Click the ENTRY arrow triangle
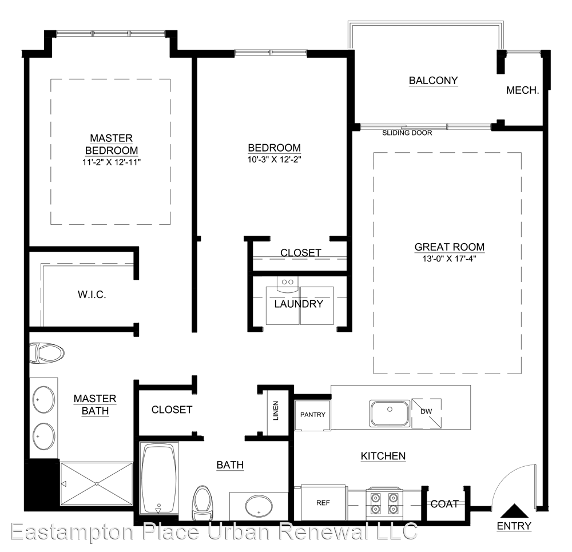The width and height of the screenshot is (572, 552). point(514,511)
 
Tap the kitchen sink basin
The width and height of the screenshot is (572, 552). point(390,414)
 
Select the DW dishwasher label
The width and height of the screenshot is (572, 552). point(426,411)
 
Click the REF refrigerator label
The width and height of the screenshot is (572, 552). point(323,503)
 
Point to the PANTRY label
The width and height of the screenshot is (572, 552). point(313,415)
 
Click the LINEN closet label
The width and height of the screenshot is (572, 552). point(276,411)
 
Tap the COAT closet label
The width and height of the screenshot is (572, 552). point(444,504)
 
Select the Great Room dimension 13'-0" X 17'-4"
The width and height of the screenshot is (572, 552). point(450,259)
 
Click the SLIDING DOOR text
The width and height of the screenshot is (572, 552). point(407,133)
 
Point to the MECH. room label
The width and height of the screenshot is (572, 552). point(523,90)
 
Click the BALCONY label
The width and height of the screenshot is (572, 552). point(434,80)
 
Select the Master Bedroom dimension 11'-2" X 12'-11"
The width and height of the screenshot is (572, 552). point(112,162)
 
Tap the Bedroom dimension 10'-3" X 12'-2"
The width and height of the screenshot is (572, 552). point(275,160)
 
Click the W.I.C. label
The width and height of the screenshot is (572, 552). point(92,295)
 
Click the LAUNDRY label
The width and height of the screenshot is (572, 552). point(299,304)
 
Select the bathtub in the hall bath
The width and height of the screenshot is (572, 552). point(158,479)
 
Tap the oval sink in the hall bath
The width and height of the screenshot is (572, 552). point(259,507)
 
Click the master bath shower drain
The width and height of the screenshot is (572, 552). point(97,484)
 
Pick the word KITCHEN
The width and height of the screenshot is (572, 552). point(383,456)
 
